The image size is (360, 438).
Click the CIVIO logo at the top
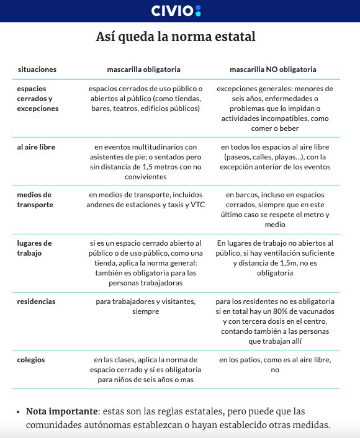176,11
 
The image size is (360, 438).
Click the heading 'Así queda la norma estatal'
176,37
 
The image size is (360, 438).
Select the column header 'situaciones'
37,69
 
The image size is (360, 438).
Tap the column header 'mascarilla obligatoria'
145,69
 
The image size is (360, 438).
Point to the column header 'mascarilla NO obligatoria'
273,69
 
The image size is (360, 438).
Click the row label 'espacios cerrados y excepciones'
38,99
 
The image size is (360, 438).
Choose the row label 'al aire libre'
36,147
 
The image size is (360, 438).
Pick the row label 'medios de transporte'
35,200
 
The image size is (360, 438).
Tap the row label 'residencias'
36,302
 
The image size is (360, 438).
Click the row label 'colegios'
31,359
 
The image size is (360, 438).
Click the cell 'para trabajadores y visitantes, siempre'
145,306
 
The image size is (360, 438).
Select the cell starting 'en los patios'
275,365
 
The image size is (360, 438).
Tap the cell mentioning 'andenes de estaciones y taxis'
145,200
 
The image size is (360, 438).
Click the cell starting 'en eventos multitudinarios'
145,157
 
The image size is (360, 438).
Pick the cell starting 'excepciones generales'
275,109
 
